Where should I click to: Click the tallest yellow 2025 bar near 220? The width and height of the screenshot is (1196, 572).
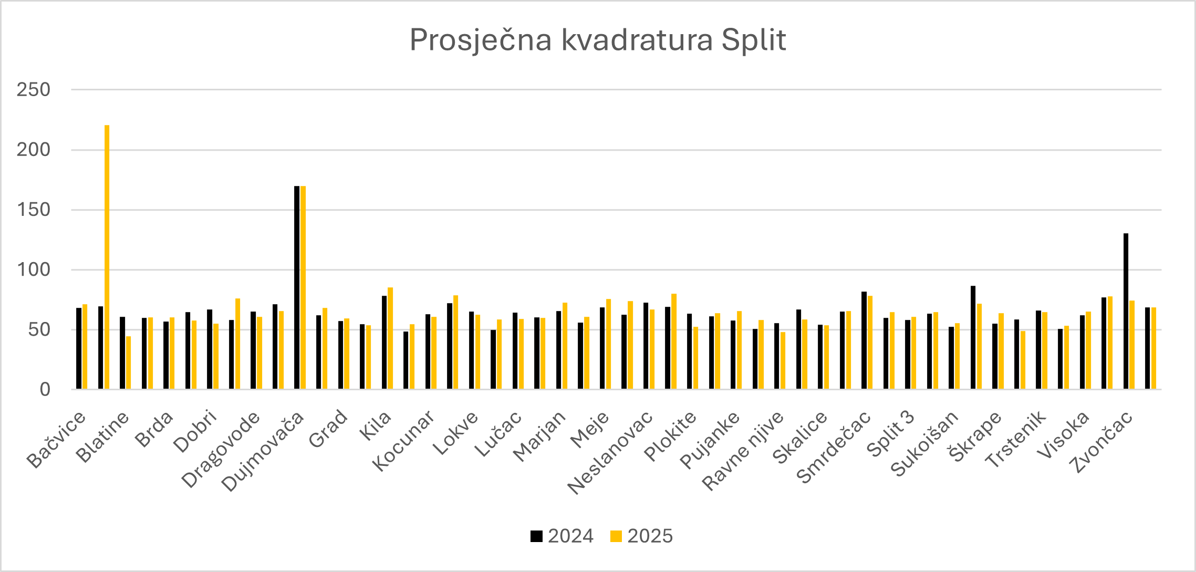coord(107,257)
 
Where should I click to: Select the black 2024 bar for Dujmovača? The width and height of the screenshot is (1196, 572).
coord(297,287)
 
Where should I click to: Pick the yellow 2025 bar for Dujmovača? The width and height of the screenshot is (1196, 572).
coord(303,287)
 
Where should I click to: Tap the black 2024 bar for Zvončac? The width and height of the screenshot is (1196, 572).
coord(1126,311)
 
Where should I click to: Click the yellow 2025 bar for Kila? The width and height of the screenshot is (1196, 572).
coord(390,338)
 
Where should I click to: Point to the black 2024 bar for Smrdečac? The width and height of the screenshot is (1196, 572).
coord(864,340)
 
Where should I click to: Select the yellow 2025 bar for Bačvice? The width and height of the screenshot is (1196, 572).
coord(85,347)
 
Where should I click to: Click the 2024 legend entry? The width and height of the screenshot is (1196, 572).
coord(562,536)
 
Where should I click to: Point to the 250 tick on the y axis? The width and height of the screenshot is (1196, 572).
coord(34,90)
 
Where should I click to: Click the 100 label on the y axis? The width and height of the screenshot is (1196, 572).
coord(34,270)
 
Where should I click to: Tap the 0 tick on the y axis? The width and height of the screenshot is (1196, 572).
coord(45,390)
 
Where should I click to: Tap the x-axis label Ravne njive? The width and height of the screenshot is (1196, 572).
coord(743,451)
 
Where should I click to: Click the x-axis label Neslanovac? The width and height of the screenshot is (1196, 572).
coord(610,453)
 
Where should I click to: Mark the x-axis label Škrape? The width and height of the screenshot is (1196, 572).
coord(975,435)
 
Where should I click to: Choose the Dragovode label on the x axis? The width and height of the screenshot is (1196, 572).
coord(221,449)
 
